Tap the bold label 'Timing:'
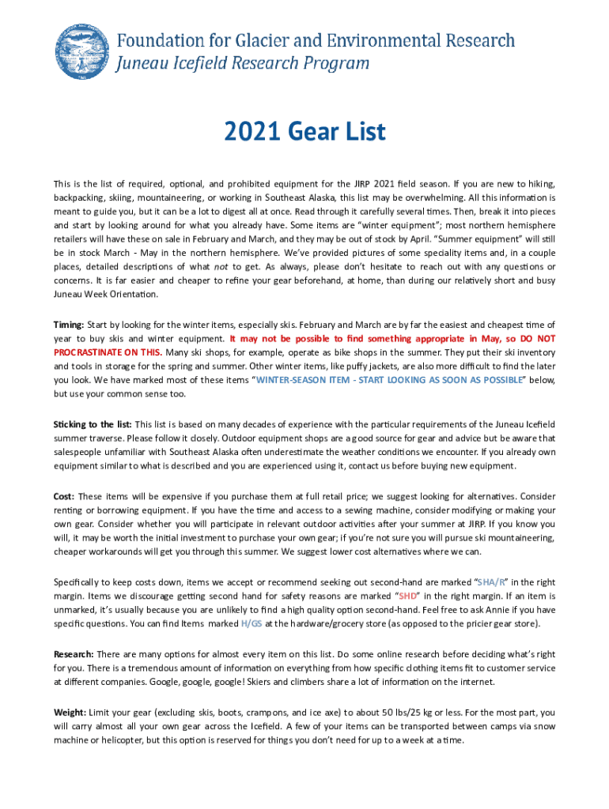point(69,325)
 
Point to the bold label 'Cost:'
point(64,496)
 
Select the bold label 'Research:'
point(74,654)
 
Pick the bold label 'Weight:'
point(70,712)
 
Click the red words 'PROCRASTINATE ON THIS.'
point(108,353)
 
